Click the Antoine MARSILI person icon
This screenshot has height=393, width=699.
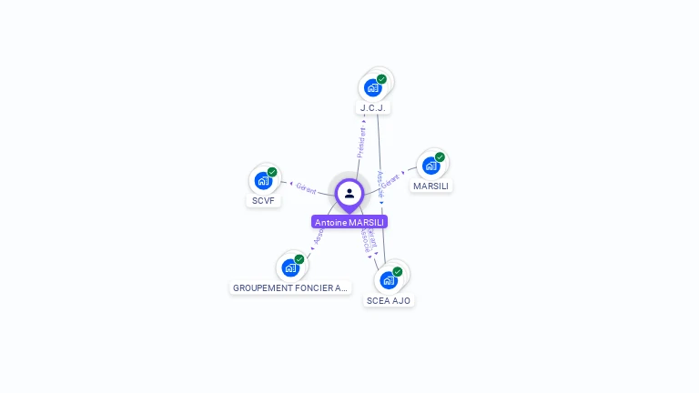pyautogui.click(x=349, y=193)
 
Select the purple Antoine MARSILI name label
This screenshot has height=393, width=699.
pyautogui.click(x=349, y=222)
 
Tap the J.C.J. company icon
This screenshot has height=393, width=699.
pyautogui.click(x=372, y=87)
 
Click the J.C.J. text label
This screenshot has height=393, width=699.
pyautogui.click(x=373, y=108)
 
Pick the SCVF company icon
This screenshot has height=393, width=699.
pyautogui.click(x=263, y=180)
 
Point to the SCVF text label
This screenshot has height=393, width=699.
pyautogui.click(x=263, y=200)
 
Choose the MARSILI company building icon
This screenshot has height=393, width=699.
pyautogui.click(x=431, y=166)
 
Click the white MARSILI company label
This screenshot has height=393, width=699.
pyautogui.click(x=431, y=186)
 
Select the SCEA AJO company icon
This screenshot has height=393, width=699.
pyautogui.click(x=389, y=279)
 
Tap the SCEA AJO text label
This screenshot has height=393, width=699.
pyautogui.click(x=390, y=300)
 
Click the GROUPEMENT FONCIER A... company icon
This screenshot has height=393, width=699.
pyautogui.click(x=289, y=267)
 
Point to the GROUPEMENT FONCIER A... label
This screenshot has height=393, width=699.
pyautogui.click(x=290, y=288)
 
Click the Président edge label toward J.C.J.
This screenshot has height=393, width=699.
pyautogui.click(x=361, y=142)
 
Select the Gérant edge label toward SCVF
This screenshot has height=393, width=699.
pyautogui.click(x=306, y=187)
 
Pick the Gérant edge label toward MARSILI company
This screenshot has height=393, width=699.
pyautogui.click(x=390, y=180)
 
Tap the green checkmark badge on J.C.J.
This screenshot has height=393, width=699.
pyautogui.click(x=381, y=79)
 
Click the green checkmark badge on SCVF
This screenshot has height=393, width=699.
pyautogui.click(x=272, y=172)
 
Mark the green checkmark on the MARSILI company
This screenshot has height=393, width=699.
pyautogui.click(x=440, y=157)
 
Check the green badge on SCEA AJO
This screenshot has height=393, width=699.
pyautogui.click(x=398, y=271)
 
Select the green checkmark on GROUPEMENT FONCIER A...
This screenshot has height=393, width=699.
pyautogui.click(x=299, y=259)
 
